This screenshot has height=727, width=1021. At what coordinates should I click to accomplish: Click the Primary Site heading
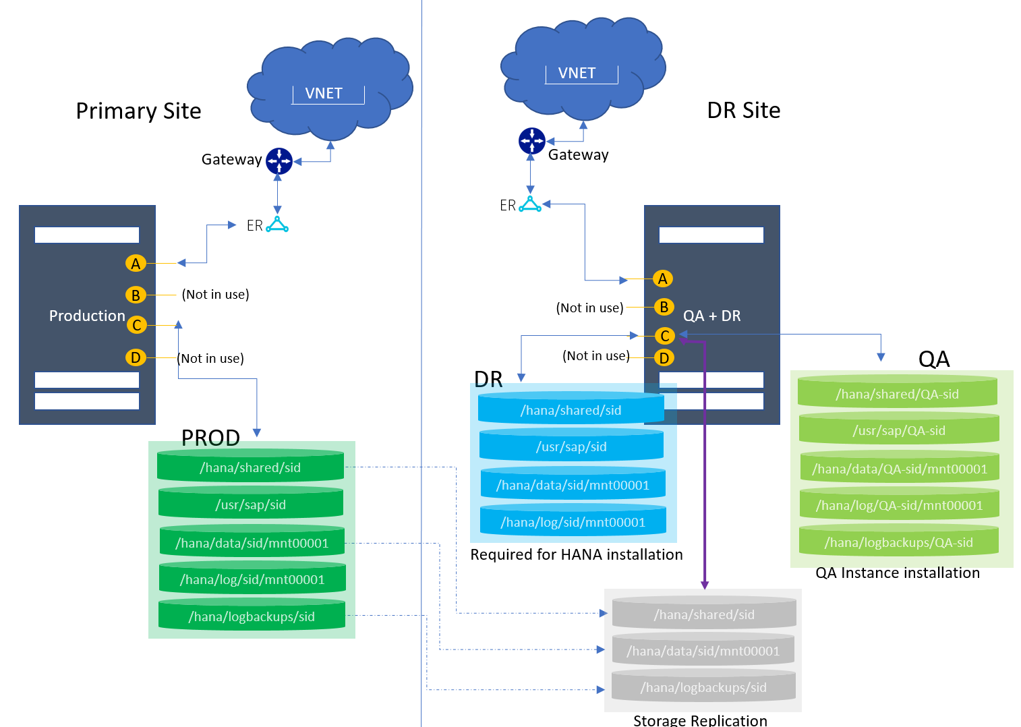(138, 111)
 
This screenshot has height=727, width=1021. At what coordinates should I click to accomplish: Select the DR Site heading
(743, 110)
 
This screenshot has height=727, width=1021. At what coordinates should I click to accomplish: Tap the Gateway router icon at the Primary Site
(279, 161)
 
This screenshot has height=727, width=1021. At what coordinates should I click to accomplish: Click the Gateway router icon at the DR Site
(531, 141)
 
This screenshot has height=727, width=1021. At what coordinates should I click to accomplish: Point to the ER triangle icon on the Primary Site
(277, 225)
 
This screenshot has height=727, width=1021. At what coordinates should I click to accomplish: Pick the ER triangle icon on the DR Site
(530, 204)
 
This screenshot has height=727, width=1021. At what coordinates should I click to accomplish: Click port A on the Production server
(136, 264)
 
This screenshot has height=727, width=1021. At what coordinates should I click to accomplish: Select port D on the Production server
(136, 357)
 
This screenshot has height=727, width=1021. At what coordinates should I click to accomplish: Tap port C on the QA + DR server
(664, 336)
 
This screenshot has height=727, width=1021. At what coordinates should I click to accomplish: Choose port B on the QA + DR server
(664, 307)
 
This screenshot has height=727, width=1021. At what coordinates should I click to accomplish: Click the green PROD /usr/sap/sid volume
(251, 504)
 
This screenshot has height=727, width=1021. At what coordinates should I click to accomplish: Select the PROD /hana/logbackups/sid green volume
(252, 616)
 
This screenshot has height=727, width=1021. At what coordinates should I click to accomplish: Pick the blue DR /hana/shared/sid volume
(571, 410)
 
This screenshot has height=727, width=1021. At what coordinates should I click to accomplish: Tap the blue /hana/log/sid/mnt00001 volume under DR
(573, 522)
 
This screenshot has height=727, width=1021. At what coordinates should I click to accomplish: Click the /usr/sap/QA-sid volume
(898, 430)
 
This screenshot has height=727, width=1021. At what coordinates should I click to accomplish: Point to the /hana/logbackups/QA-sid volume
(898, 542)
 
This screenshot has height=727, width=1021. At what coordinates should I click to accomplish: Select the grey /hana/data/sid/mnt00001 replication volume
(703, 651)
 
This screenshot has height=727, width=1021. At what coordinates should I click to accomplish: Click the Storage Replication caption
(700, 720)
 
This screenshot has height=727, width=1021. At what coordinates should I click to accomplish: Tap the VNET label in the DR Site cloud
(577, 73)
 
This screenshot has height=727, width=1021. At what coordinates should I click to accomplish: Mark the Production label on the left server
(87, 316)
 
